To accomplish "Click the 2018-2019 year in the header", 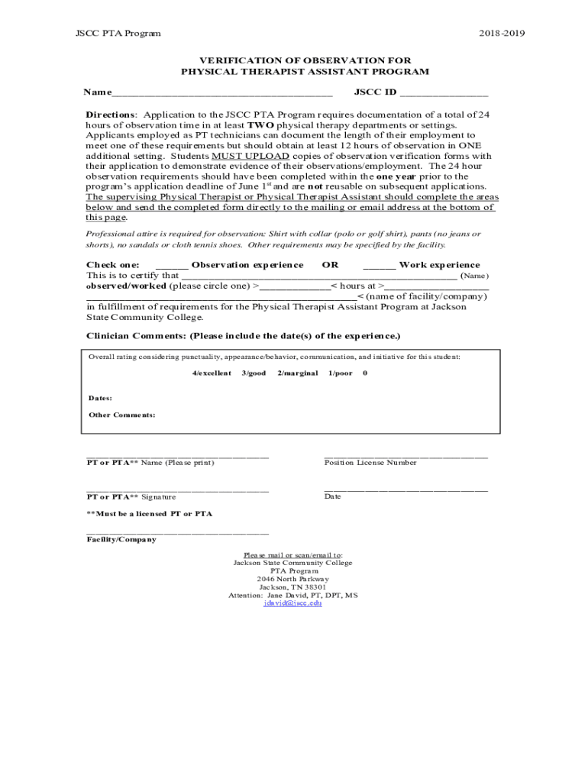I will (502, 34).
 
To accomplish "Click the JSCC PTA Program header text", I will (118, 34).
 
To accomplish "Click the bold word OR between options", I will (330, 265).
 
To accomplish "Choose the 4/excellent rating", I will (212, 373).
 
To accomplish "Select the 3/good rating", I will (254, 373).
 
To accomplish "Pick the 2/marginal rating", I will (297, 373).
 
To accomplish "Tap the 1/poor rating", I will (340, 373).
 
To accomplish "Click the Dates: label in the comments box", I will (100, 398).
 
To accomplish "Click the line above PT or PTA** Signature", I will (177, 490).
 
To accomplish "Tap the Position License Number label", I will (370, 463).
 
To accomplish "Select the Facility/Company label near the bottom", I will (121, 539).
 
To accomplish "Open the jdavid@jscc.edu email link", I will (292, 603).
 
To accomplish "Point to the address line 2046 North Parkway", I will (292, 579).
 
